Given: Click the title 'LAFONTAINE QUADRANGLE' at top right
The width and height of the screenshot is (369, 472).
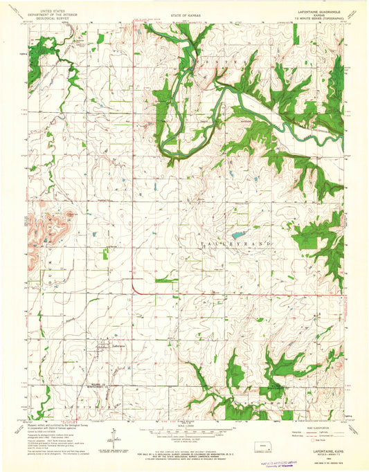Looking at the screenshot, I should [318, 8].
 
